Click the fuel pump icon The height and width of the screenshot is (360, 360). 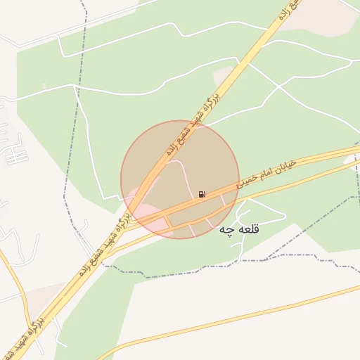tap(202, 194)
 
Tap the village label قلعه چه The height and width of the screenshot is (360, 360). tap(239, 230)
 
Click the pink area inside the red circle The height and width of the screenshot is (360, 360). tap(151, 214)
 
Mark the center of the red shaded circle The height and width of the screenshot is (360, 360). tap(180, 179)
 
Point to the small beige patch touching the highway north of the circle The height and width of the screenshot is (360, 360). tap(224, 74)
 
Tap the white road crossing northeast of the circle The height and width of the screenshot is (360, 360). tap(281, 88)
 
